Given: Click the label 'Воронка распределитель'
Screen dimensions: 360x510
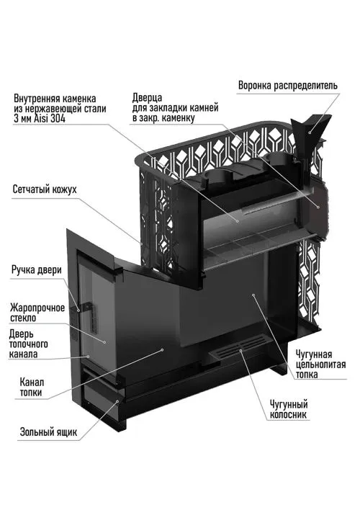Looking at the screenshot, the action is click(288, 86).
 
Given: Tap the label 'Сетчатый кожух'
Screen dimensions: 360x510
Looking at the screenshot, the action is click(45, 189).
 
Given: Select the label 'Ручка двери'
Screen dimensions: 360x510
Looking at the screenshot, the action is click(37, 270).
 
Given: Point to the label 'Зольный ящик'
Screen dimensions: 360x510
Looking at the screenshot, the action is click(48, 432).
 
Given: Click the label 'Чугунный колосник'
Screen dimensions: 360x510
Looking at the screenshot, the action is click(289, 410).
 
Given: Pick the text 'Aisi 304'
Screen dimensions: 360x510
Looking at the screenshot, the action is click(49, 119).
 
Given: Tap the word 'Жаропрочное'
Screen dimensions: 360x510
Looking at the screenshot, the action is click(37, 308).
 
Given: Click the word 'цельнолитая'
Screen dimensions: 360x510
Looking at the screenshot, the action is click(320, 364).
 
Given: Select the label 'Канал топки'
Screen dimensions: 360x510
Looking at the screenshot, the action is click(32, 388).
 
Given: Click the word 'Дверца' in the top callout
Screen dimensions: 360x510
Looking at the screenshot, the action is click(147, 97).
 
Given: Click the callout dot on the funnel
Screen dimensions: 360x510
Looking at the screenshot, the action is click(310, 132).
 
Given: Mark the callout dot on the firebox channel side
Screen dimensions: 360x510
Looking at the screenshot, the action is click(162, 350).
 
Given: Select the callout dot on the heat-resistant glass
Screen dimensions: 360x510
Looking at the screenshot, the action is click(104, 342).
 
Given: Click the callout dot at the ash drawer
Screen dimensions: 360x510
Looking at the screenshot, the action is click(118, 402).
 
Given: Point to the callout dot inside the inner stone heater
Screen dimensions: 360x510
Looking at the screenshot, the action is click(238, 221).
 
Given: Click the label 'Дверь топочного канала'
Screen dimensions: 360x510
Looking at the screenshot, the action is click(29, 344).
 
